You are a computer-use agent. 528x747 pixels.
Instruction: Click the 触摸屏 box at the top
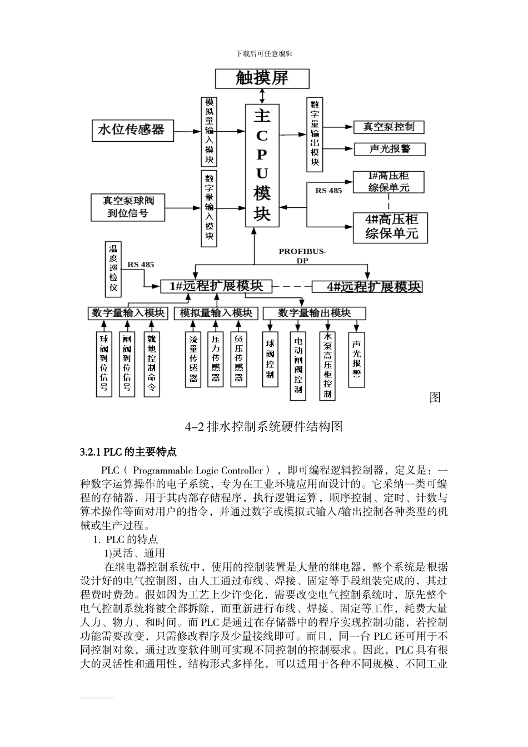point(262,78)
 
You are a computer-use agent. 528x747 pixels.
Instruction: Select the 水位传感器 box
point(131,130)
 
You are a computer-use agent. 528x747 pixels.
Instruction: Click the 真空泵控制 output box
point(388,127)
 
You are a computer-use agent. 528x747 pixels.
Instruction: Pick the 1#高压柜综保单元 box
point(388,182)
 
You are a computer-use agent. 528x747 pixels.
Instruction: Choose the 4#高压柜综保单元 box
point(391,227)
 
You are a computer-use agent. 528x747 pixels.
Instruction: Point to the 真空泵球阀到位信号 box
point(128,207)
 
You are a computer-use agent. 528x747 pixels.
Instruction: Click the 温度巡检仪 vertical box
point(113,269)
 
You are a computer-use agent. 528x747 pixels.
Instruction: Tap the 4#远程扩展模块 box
point(367,287)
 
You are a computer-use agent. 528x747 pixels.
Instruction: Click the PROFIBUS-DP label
point(302,256)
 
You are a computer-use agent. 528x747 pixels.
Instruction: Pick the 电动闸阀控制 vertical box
point(298,366)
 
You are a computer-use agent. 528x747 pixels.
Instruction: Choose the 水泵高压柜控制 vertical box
point(328,366)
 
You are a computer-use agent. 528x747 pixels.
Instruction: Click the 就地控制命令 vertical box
point(151,363)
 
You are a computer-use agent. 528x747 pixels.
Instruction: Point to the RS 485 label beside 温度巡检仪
point(141,265)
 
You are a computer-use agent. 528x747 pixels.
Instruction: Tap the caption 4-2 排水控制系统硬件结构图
point(263,427)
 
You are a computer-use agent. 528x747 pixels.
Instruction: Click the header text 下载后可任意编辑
point(263,54)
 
